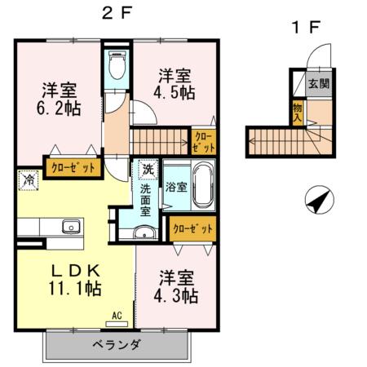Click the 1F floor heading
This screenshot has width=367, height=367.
tap(307, 26)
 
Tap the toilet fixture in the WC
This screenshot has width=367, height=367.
tap(116, 65)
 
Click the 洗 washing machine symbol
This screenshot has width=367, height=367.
tap(148, 170)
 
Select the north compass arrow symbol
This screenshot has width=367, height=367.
tap(317, 199)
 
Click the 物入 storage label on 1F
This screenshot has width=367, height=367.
tap(298, 109)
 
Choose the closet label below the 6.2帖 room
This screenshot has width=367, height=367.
tap(73, 167)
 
